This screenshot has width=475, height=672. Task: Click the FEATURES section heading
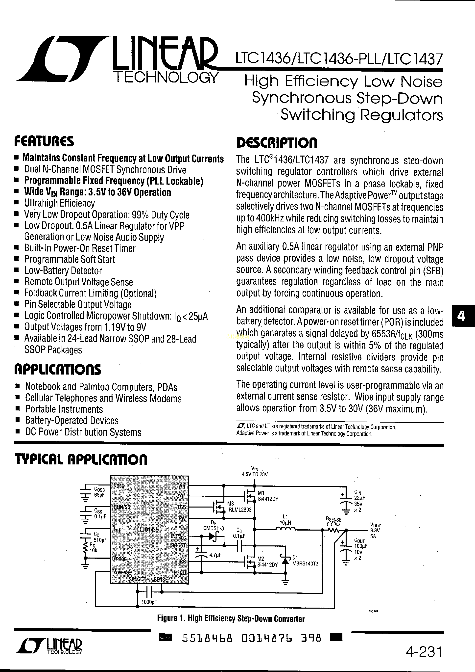(44, 142)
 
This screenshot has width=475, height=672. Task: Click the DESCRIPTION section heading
(276, 143)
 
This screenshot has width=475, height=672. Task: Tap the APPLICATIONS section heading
(58, 370)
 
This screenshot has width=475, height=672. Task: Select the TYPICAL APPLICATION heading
(81, 459)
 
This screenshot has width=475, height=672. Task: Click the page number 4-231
(424, 652)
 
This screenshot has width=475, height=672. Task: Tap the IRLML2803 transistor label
(239, 510)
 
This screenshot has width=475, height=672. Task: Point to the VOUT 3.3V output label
(376, 530)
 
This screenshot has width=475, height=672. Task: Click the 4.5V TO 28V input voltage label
(255, 474)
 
